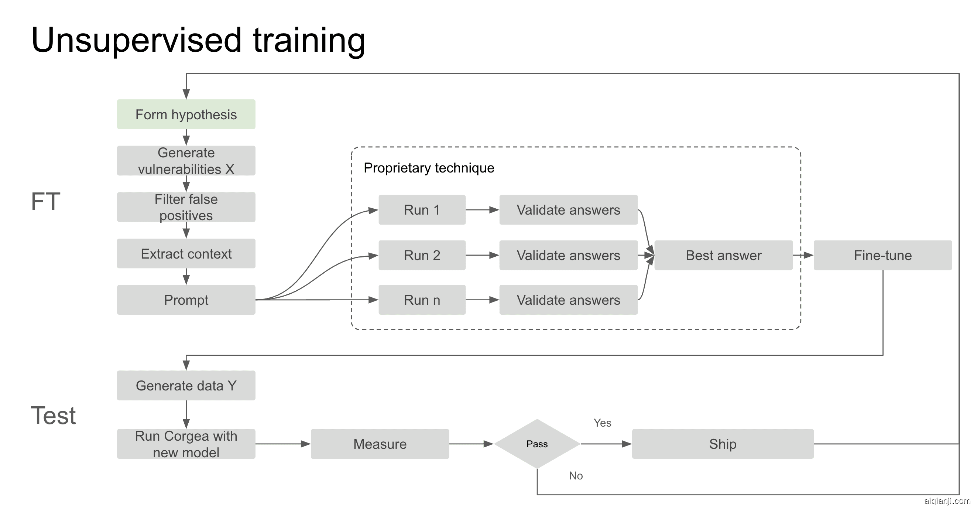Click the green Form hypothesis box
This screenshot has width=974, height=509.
186,114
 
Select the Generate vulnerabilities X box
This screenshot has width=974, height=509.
186,161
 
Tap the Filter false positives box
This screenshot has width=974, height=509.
186,207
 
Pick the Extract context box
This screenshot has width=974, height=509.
186,253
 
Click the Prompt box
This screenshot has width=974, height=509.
186,300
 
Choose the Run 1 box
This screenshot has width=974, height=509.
422,210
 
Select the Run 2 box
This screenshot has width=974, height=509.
422,255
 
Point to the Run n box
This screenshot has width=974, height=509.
422,300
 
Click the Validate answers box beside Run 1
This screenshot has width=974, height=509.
568,210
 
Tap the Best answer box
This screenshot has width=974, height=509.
723,255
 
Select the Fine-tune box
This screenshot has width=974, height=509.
882,255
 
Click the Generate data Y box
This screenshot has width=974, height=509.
186,385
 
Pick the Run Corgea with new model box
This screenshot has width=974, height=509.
186,444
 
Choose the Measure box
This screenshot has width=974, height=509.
380,444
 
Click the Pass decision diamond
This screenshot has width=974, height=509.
537,444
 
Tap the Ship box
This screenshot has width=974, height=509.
723,444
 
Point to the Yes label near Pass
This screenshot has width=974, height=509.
602,423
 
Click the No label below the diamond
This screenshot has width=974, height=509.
576,476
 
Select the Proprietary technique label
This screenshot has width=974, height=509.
429,168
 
